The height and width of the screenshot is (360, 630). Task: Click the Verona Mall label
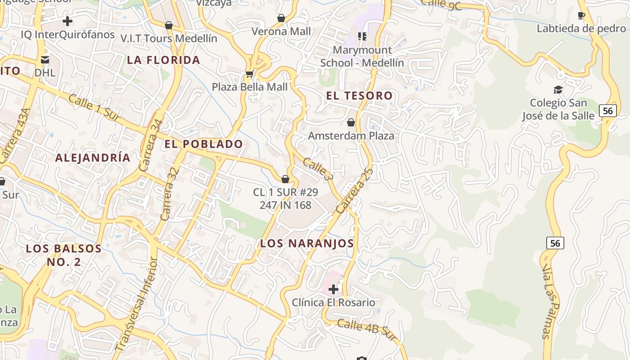[x=281, y=31]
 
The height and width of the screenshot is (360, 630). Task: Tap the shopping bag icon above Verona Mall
[x=281, y=18]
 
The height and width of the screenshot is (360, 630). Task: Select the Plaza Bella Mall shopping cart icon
[x=249, y=73]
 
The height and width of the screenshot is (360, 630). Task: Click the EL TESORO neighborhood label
[x=359, y=96]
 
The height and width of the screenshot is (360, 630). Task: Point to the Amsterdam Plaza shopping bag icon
[x=351, y=122]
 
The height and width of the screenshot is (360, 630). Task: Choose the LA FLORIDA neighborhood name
[x=163, y=60]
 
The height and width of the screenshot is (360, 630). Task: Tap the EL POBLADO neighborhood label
[x=203, y=144]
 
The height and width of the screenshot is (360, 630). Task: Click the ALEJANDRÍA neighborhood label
[x=93, y=158]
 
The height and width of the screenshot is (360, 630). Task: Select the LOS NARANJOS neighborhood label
[x=307, y=243]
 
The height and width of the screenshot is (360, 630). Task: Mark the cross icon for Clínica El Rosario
[x=333, y=289]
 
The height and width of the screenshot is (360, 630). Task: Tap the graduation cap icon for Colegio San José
[x=558, y=90]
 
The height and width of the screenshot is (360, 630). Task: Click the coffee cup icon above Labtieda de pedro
[x=581, y=16]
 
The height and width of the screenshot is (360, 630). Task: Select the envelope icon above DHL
[x=45, y=59]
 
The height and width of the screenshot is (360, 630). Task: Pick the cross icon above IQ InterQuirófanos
[x=67, y=21]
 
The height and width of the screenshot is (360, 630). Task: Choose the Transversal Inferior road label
[x=136, y=304]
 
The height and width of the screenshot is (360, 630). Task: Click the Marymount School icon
[x=362, y=36]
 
